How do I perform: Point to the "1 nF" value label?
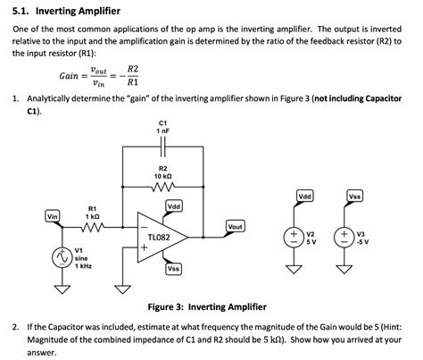tap(163, 131)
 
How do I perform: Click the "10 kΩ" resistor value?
tap(163, 176)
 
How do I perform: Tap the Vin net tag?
tap(53, 215)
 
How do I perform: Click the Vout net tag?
tap(235, 227)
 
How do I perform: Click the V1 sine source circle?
tap(62, 258)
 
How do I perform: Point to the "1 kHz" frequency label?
tap(83, 266)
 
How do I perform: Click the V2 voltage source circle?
tap(293, 237)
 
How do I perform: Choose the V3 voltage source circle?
tap(343, 237)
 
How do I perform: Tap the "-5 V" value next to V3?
tap(362, 242)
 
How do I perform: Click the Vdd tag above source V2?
tap(303, 196)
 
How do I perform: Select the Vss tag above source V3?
tap(354, 196)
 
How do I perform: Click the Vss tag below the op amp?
tap(174, 268)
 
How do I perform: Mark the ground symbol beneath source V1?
tap(62, 289)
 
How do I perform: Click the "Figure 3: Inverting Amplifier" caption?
tap(206, 306)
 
